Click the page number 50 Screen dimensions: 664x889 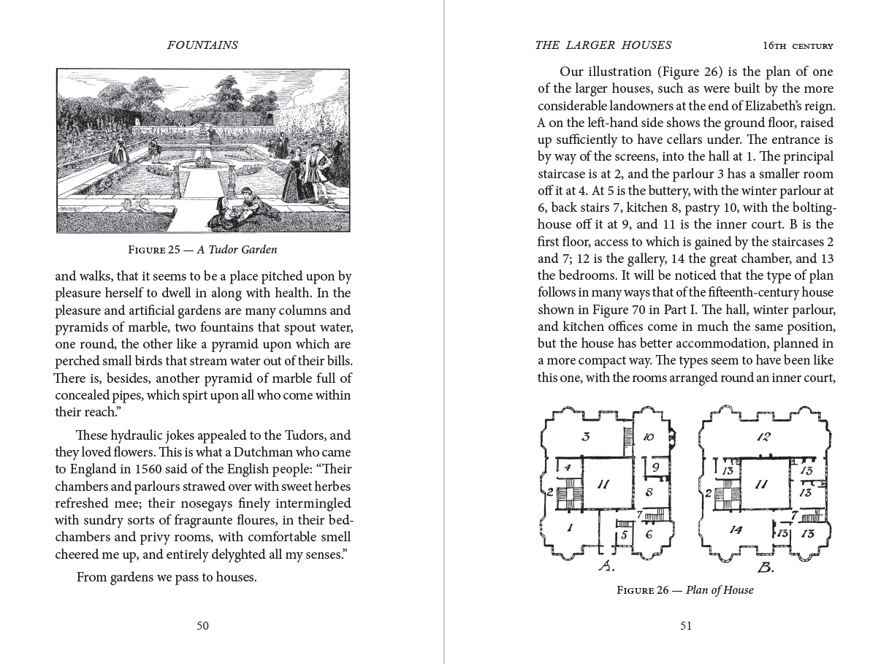[x=202, y=625]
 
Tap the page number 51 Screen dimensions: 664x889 [x=685, y=625]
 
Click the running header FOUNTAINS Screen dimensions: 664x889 [x=202, y=45]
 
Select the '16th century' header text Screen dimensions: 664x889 [x=798, y=46]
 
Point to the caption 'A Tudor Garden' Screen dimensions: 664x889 [x=237, y=250]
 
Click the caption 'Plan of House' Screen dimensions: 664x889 [x=719, y=590]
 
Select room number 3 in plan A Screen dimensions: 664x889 [x=585, y=438]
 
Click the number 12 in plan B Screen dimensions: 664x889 [x=764, y=437]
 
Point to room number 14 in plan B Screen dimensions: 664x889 [x=736, y=530]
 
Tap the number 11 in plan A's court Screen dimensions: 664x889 [x=603, y=484]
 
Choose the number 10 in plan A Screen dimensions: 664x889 [x=649, y=438]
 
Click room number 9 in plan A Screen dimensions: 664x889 [x=655, y=467]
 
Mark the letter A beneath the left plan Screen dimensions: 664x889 [x=606, y=568]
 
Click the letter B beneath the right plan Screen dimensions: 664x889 [x=766, y=568]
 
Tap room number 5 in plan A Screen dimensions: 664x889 [x=623, y=535]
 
